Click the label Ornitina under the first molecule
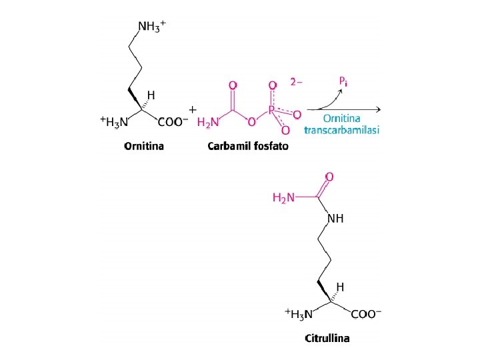pyautogui.click(x=145, y=147)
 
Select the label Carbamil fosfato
pyautogui.click(x=248, y=147)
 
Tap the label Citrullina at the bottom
pyautogui.click(x=327, y=338)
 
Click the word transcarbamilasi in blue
pyautogui.click(x=341, y=130)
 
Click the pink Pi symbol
pyautogui.click(x=342, y=81)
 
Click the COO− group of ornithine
pyautogui.click(x=173, y=122)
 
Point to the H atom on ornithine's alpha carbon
pyautogui.click(x=151, y=95)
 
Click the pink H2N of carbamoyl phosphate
pyautogui.click(x=208, y=123)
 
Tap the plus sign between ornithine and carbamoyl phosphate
pyautogui.click(x=193, y=109)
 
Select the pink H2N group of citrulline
pyautogui.click(x=285, y=197)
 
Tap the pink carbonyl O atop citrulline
pyautogui.click(x=329, y=177)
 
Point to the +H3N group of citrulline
pyautogui.click(x=298, y=313)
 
